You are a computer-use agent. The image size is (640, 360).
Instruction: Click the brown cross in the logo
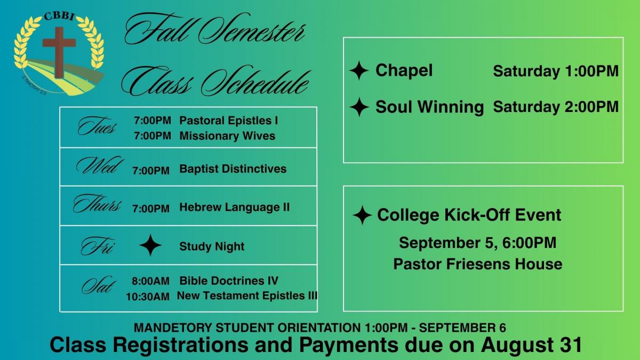pos(59,52)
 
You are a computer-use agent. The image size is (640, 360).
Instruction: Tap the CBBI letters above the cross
pos(59,16)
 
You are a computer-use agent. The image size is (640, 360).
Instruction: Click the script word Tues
pos(97,126)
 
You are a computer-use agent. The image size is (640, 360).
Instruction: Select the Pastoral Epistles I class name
pos(229,121)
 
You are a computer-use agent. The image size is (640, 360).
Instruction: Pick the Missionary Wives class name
pos(227,135)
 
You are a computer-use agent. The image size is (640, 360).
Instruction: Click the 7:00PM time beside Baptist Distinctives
pos(151,171)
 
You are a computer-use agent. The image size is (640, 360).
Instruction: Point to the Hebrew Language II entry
pos(234,207)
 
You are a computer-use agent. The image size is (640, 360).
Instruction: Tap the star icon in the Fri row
pos(150,245)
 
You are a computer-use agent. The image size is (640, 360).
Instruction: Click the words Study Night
pos(212,246)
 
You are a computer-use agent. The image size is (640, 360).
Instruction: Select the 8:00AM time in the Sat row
pos(150,281)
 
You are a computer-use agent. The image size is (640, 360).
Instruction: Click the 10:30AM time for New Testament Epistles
pos(148,297)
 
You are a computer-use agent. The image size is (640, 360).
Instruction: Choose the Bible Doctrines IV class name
pos(229,281)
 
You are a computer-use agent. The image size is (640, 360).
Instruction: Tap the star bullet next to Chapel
pos(359,70)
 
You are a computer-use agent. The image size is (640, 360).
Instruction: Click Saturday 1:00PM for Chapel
pos(556,71)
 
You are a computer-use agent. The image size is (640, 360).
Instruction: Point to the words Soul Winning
pos(429,107)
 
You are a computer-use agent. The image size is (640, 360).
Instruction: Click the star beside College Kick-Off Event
pos(362,215)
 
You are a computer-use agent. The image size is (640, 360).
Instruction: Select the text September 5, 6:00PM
pos(477,243)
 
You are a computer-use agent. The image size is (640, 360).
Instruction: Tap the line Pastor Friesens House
pos(478,263)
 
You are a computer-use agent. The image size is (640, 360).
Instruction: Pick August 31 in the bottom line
pos(531,345)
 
